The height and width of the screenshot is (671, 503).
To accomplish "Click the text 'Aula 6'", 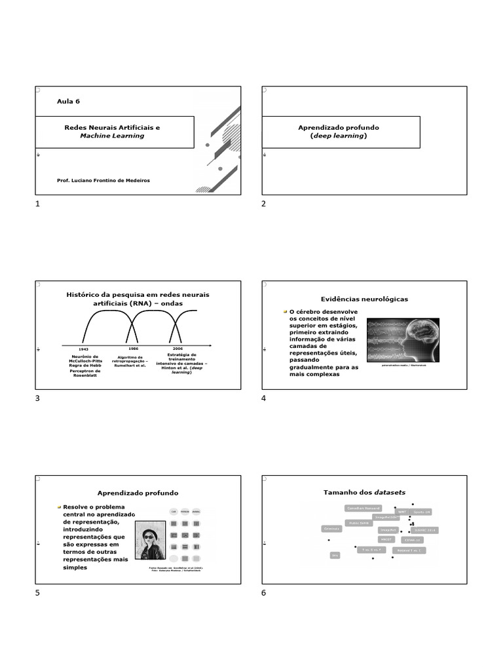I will point(69,101).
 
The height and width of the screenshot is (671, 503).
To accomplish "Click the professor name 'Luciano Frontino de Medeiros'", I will point(104,180).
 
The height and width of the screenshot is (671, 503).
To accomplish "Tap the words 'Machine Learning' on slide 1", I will point(112,136).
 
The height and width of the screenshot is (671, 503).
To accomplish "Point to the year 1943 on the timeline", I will point(83,349).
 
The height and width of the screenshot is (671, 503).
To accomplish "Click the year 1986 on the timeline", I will point(133,349).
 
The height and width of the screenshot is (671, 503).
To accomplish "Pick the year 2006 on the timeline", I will point(177,349).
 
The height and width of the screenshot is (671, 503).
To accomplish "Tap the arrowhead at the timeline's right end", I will point(209,345).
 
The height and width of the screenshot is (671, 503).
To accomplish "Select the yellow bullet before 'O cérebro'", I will point(285,311).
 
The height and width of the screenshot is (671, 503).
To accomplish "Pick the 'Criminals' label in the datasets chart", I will point(331,528).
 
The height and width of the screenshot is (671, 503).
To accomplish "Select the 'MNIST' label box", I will point(386,539).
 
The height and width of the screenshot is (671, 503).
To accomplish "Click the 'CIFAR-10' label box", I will point(413,540).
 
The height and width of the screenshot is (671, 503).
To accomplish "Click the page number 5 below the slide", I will point(37,592).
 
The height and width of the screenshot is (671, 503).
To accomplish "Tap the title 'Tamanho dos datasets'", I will point(360,492).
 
